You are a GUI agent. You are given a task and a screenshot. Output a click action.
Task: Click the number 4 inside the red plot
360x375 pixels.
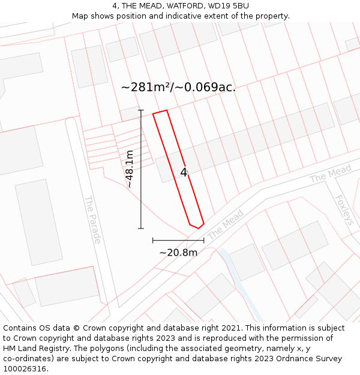[x=184, y=173]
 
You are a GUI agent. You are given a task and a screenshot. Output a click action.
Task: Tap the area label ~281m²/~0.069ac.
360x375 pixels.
[x=178, y=87]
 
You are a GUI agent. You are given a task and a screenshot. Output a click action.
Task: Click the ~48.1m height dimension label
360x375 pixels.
[x=129, y=169]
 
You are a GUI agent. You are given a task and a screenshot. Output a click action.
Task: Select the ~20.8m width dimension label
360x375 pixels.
[x=178, y=253]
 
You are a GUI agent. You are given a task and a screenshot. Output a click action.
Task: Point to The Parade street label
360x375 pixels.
[x=92, y=220]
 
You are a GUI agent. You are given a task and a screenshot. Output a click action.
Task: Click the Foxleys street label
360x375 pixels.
[x=344, y=210]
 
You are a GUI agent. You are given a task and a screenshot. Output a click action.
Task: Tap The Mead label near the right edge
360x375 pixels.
[x=330, y=175]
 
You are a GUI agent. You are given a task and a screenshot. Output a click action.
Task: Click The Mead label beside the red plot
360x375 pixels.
[x=226, y=224]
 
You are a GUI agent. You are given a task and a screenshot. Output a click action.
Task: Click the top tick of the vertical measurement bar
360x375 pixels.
[x=141, y=110]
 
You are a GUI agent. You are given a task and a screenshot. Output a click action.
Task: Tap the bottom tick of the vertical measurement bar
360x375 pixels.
[x=141, y=228]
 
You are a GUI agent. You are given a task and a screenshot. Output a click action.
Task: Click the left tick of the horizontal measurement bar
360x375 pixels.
[x=153, y=240]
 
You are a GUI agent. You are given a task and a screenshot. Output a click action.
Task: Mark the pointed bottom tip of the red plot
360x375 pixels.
[x=199, y=227]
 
